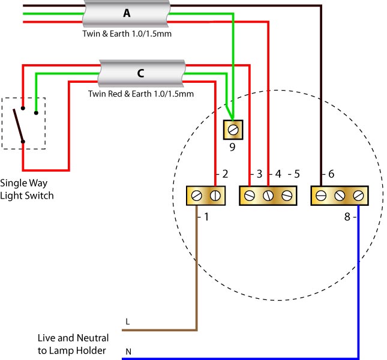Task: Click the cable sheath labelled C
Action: [140, 74]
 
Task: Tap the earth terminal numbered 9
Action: [232, 129]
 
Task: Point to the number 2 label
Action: [225, 175]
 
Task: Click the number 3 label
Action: [259, 175]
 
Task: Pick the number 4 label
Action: [278, 175]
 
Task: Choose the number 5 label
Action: [296, 175]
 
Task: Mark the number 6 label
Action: [331, 175]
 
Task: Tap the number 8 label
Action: [347, 216]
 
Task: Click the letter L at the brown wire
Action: [127, 322]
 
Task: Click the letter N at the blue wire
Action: [127, 351]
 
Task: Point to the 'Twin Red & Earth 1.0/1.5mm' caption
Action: [140, 94]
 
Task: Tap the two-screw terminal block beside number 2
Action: [205, 196]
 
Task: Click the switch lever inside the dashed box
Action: [19, 125]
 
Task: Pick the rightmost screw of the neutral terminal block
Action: [358, 196]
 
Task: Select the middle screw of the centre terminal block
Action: [268, 196]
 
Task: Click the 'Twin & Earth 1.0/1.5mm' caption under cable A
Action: [127, 34]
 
